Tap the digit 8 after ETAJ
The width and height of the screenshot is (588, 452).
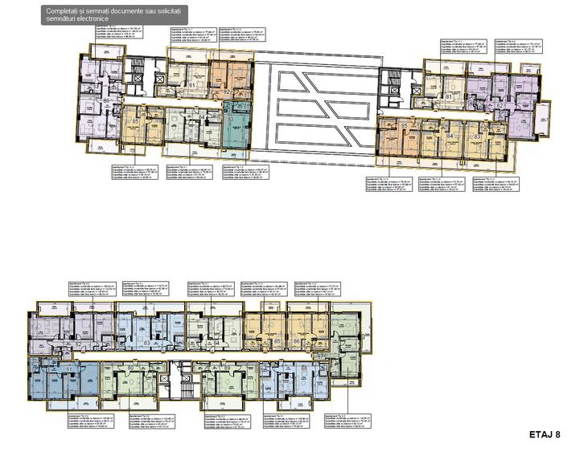pos(557,434)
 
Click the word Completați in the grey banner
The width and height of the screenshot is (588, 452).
pos(64,9)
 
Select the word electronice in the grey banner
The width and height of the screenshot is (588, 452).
pos(94,18)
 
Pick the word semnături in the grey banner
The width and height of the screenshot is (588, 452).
pos(60,18)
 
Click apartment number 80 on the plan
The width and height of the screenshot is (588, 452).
pos(130,368)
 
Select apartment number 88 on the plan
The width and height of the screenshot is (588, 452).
pos(304,368)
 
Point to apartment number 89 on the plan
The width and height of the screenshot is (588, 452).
pos(228,368)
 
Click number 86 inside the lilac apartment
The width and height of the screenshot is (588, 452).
pos(106,100)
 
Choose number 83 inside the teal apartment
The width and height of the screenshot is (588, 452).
pos(232,119)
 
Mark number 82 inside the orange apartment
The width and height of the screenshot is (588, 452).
pos(228,93)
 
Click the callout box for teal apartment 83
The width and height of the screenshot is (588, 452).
pos(245,173)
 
